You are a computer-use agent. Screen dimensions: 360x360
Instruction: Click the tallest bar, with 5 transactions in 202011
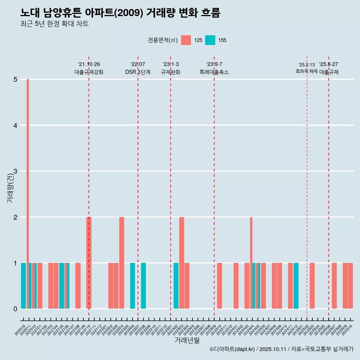pyautogui.click(x=28, y=193)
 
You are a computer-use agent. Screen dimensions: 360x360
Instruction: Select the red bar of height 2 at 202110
pyautogui.click(x=89, y=262)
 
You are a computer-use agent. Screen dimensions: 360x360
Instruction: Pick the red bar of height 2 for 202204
pyautogui.click(x=121, y=262)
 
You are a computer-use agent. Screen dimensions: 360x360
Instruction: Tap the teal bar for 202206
pyautogui.click(x=132, y=286)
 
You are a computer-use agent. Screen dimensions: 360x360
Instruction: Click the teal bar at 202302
pyautogui.click(x=176, y=286)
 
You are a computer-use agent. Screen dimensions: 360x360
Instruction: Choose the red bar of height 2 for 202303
pyautogui.click(x=181, y=262)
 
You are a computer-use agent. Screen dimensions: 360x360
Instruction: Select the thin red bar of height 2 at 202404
pyautogui.click(x=251, y=262)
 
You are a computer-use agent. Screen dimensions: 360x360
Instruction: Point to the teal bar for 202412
pyautogui.click(x=296, y=286)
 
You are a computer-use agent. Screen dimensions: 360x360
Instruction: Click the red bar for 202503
pyautogui.click(x=312, y=286)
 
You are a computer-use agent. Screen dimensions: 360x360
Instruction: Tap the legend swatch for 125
pyautogui.click(x=186, y=40)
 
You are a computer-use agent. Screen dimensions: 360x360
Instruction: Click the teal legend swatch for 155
pyautogui.click(x=210, y=40)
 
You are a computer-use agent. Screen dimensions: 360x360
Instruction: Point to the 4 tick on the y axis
pyautogui.click(x=15, y=125)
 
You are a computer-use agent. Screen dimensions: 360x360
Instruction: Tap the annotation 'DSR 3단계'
pyautogui.click(x=138, y=72)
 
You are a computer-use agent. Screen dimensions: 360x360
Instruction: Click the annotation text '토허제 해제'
pyautogui.click(x=306, y=71)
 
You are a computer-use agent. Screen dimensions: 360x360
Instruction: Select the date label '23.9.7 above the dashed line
pyautogui.click(x=214, y=64)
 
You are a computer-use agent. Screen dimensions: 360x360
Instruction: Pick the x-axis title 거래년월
pyautogui.click(x=187, y=340)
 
